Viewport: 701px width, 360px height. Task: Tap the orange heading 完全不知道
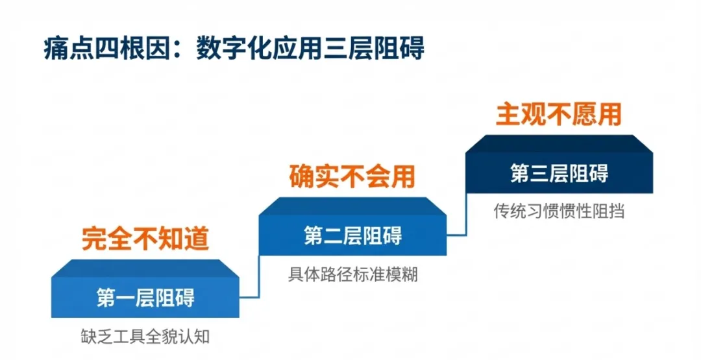tap(145, 239)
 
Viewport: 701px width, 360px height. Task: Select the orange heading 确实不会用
tap(352, 176)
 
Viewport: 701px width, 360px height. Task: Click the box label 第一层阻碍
tap(145, 298)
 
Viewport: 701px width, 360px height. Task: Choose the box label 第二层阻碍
tap(352, 235)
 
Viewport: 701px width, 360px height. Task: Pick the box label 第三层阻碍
tap(559, 173)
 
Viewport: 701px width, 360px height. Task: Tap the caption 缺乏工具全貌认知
tap(145, 337)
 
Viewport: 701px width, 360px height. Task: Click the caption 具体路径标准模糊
tap(352, 274)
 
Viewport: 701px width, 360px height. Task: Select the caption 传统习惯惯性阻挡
tap(559, 212)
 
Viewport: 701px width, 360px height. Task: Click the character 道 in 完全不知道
tap(197, 239)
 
